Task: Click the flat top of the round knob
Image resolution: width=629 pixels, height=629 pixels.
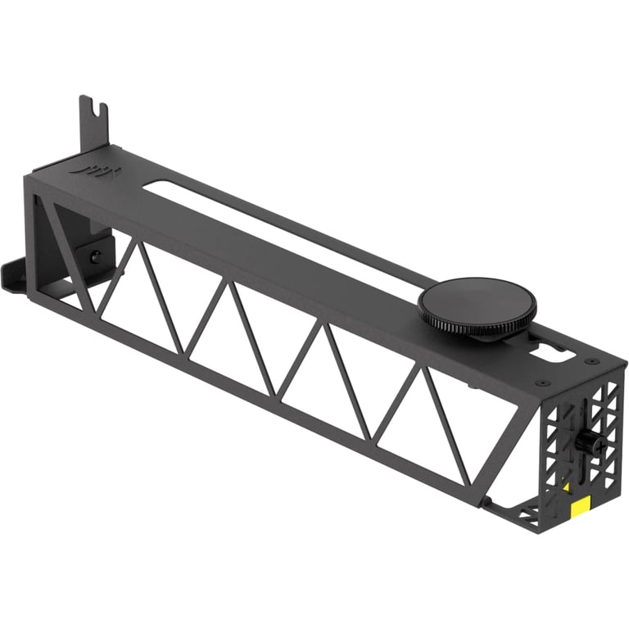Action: coord(477,298)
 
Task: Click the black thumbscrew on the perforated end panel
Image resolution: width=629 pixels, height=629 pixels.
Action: coord(587,442)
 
